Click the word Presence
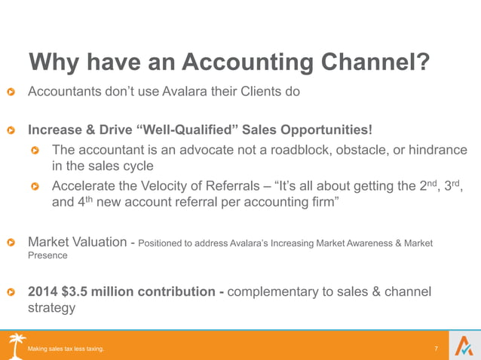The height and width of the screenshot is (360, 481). tap(47, 255)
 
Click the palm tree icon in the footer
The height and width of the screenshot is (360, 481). tap(17, 344)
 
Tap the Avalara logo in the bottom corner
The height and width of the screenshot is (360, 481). tap(462, 345)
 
